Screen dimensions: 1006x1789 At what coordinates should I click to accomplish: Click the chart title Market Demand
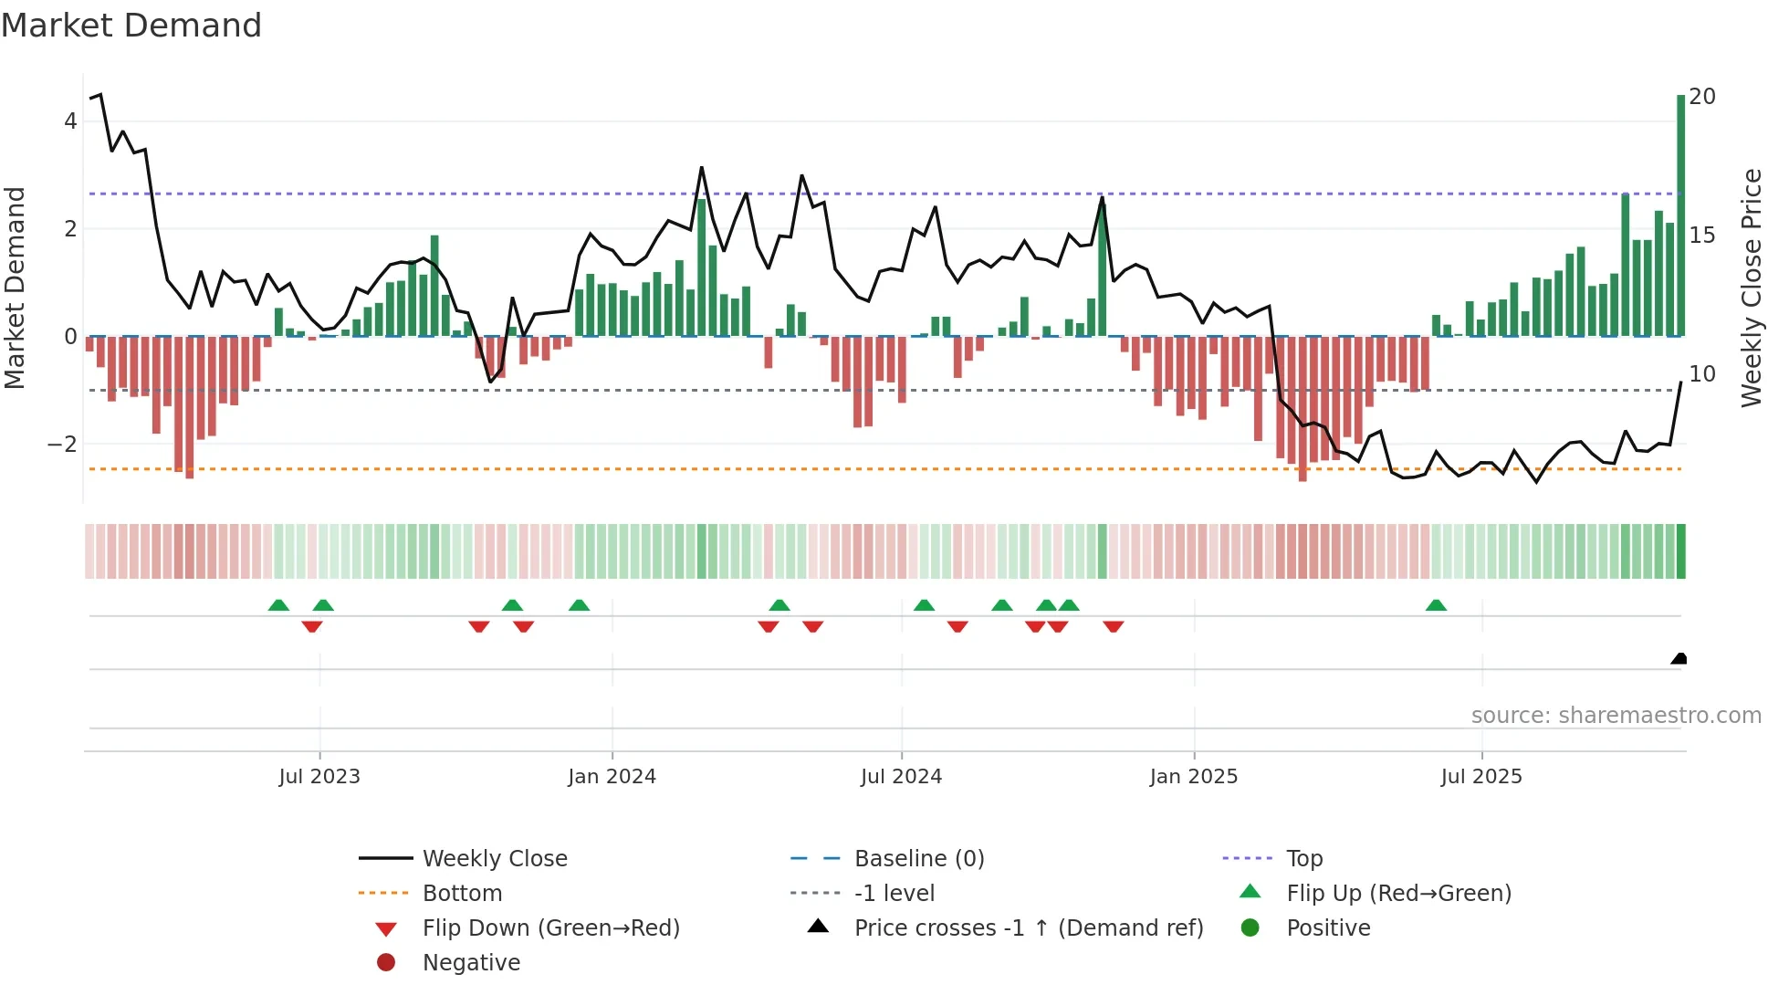tap(131, 26)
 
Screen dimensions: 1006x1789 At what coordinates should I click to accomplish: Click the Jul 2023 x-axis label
tap(319, 777)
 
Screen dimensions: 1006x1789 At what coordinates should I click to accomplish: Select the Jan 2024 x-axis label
tap(612, 777)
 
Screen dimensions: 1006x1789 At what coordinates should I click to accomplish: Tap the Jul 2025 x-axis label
tap(1481, 777)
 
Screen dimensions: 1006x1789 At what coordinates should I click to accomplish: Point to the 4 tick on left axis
tap(70, 121)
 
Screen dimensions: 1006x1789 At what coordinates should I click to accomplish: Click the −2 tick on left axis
tap(63, 445)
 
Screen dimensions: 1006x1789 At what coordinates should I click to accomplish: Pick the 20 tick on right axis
tap(1701, 97)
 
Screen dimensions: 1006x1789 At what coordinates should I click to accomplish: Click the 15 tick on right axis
tap(1701, 236)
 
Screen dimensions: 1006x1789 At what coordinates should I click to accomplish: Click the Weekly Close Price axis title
tap(1751, 288)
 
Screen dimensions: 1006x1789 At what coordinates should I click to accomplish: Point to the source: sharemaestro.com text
tap(1616, 716)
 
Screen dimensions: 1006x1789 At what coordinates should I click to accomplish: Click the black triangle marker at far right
tap(1679, 659)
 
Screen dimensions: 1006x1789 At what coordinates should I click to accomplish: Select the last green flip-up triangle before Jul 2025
tap(1436, 605)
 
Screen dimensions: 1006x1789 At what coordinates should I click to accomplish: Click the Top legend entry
tap(1303, 859)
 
